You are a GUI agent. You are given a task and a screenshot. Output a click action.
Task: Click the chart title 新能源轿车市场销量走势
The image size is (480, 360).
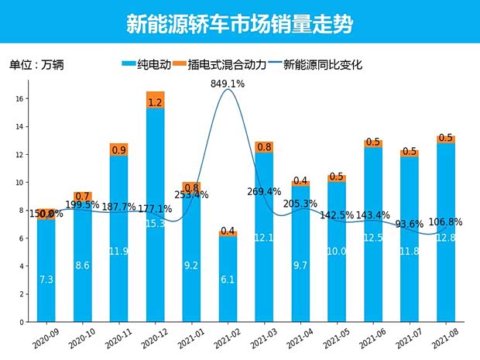pos(239,24)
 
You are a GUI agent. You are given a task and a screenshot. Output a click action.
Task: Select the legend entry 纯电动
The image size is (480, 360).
pos(147,65)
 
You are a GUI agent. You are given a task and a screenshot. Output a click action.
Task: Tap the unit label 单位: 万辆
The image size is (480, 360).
pos(36,65)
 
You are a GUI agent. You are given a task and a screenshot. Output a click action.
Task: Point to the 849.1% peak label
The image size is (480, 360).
pos(228,84)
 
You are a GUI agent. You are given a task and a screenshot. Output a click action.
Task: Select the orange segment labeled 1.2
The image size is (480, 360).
pos(155,101)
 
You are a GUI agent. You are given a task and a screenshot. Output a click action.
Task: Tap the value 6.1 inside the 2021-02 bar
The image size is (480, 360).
pos(228,279)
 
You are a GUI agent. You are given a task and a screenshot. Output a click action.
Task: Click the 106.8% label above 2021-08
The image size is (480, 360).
pos(445,222)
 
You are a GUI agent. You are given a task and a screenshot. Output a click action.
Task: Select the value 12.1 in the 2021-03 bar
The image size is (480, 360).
pos(264,237)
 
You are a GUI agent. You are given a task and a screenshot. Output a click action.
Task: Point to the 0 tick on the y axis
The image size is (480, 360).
pos(22,322)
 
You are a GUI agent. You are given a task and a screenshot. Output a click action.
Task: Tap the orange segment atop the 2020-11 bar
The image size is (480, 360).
pos(118,149)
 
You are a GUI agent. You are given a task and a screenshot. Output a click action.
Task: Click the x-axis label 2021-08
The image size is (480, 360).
pos(443,337)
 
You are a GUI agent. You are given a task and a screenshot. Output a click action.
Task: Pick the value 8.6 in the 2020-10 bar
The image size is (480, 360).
pos(82,266)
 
